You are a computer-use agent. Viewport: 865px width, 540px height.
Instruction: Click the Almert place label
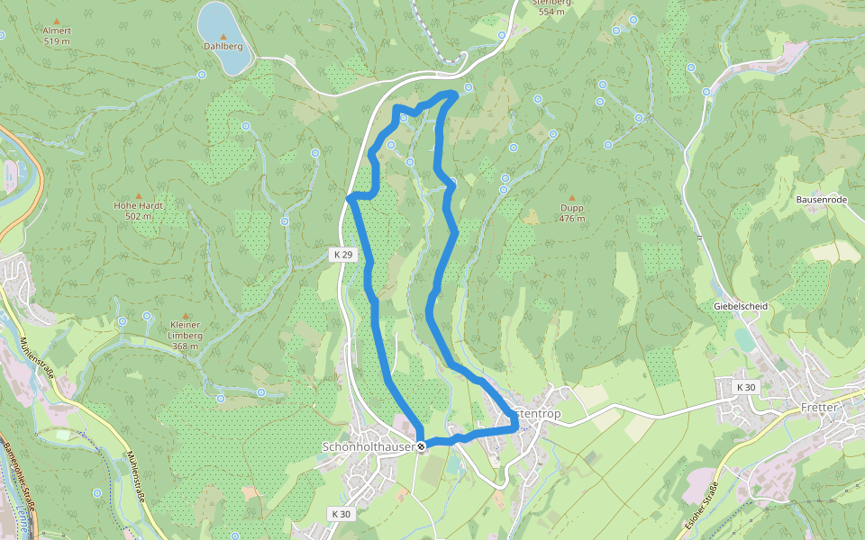tap(57, 31)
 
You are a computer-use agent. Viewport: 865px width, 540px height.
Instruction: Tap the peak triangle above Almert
tap(57, 20)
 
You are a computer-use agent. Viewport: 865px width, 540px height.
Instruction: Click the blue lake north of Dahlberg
tap(224, 36)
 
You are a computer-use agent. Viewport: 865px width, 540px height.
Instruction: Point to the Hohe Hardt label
tap(138, 205)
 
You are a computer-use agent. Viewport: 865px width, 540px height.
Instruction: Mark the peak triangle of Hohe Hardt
tap(138, 194)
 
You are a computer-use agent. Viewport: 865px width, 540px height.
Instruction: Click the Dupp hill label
tap(571, 208)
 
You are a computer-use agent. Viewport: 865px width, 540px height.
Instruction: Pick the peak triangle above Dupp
tap(571, 196)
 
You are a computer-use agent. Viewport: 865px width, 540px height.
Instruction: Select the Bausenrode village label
tap(821, 199)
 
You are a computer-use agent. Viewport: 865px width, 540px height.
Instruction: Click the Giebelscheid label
tap(740, 306)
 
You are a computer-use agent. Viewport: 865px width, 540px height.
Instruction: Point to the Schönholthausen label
tap(368, 446)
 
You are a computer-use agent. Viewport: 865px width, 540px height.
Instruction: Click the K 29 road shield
tap(342, 255)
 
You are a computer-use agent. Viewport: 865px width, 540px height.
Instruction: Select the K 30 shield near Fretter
tap(745, 387)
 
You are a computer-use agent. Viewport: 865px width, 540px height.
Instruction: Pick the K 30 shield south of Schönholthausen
tap(341, 513)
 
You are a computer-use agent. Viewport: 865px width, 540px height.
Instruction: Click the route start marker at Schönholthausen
tap(421, 445)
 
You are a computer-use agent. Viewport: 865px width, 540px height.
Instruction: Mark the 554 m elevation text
tap(551, 12)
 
